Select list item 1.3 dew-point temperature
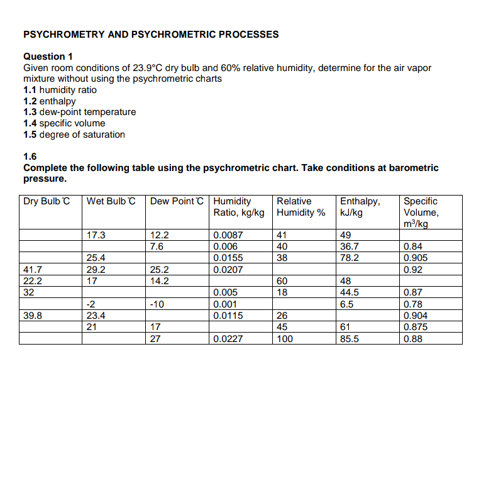[x=79, y=112]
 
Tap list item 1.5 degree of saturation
[x=74, y=135]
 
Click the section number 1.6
[x=30, y=157]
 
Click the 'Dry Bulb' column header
[x=46, y=201]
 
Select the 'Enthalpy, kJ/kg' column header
[x=360, y=207]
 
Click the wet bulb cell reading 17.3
[x=96, y=236]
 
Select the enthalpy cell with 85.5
[x=350, y=339]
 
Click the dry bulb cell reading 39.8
[x=33, y=316]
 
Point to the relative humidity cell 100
[x=285, y=339]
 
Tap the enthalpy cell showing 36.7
[x=350, y=247]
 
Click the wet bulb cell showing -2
[x=91, y=304]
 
